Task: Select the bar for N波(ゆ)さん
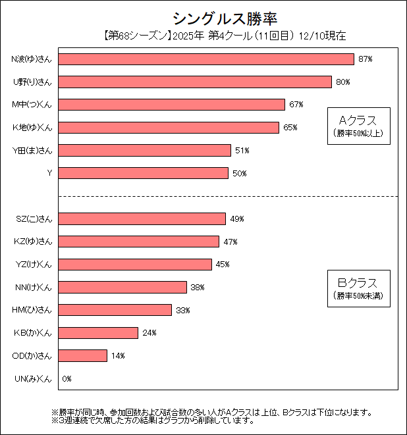[206, 59]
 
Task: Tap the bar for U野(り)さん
[195, 82]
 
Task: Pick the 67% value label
[296, 105]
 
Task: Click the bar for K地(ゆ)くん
[169, 128]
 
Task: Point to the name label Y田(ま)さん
[32, 151]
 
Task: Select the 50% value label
[239, 173]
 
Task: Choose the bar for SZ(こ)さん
[142, 219]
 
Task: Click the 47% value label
[231, 242]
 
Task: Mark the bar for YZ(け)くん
[135, 265]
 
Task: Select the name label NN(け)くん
[33, 288]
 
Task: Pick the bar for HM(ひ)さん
[115, 310]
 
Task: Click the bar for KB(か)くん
[98, 333]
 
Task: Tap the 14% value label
[118, 356]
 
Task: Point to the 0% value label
[67, 379]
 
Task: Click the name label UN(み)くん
[33, 379]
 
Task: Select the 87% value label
[366, 59]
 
